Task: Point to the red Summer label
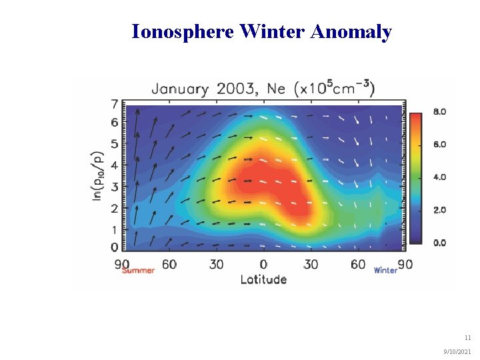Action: [x=138, y=270]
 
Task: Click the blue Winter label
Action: [x=385, y=270]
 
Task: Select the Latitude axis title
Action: [x=263, y=279]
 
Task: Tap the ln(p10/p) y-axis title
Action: [x=97, y=175]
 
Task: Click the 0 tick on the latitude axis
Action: [x=263, y=264]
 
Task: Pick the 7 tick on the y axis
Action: [x=114, y=105]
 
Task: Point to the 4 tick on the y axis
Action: [x=114, y=165]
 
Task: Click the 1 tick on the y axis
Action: [x=114, y=230]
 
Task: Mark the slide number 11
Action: [x=467, y=337]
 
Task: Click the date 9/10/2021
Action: [x=458, y=351]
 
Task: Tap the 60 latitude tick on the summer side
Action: [x=169, y=264]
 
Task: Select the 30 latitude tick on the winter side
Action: [x=311, y=264]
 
